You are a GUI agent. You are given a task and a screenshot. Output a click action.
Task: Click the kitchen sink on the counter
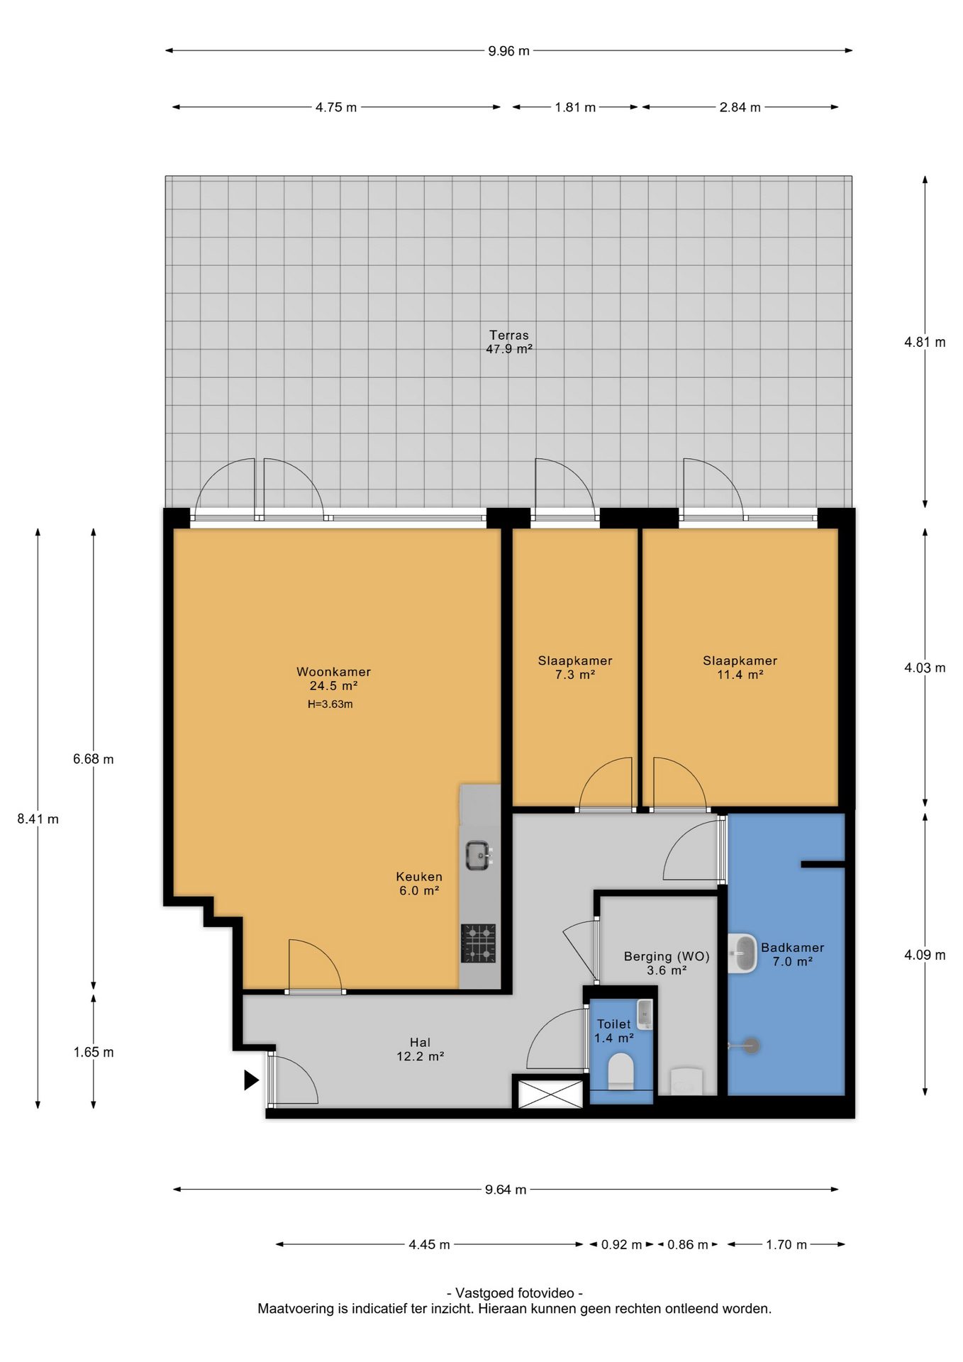pyautogui.click(x=479, y=856)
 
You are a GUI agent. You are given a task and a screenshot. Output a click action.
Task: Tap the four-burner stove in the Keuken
pyautogui.click(x=479, y=943)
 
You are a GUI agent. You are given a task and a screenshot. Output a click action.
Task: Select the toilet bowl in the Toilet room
pyautogui.click(x=621, y=1070)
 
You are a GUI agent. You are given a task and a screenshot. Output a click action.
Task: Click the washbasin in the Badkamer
pyautogui.click(x=742, y=953)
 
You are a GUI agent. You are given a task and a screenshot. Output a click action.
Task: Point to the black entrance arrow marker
pyautogui.click(x=251, y=1080)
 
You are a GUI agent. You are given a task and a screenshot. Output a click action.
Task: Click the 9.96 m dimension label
pyautogui.click(x=508, y=51)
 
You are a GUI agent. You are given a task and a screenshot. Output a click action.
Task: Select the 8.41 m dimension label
pyautogui.click(x=38, y=819)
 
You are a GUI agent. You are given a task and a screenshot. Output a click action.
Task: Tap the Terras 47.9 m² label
pyautogui.click(x=509, y=342)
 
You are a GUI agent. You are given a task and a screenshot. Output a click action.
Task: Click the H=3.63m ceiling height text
pyautogui.click(x=330, y=704)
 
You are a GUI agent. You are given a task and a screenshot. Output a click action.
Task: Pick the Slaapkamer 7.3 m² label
pyautogui.click(x=575, y=668)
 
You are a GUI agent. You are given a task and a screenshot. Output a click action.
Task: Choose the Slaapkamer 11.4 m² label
pyautogui.click(x=740, y=668)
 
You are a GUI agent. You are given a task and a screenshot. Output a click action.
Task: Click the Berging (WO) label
pyautogui.click(x=667, y=956)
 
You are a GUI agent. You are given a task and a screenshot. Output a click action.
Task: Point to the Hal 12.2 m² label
pyautogui.click(x=421, y=1049)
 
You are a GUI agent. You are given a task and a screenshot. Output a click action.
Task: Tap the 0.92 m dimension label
pyautogui.click(x=621, y=1245)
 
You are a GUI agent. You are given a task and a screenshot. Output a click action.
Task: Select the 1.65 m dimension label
pyautogui.click(x=94, y=1053)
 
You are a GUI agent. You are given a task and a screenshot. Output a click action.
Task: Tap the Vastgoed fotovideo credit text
pyautogui.click(x=515, y=1293)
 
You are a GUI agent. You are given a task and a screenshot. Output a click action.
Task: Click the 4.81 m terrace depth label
pyautogui.click(x=925, y=343)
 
